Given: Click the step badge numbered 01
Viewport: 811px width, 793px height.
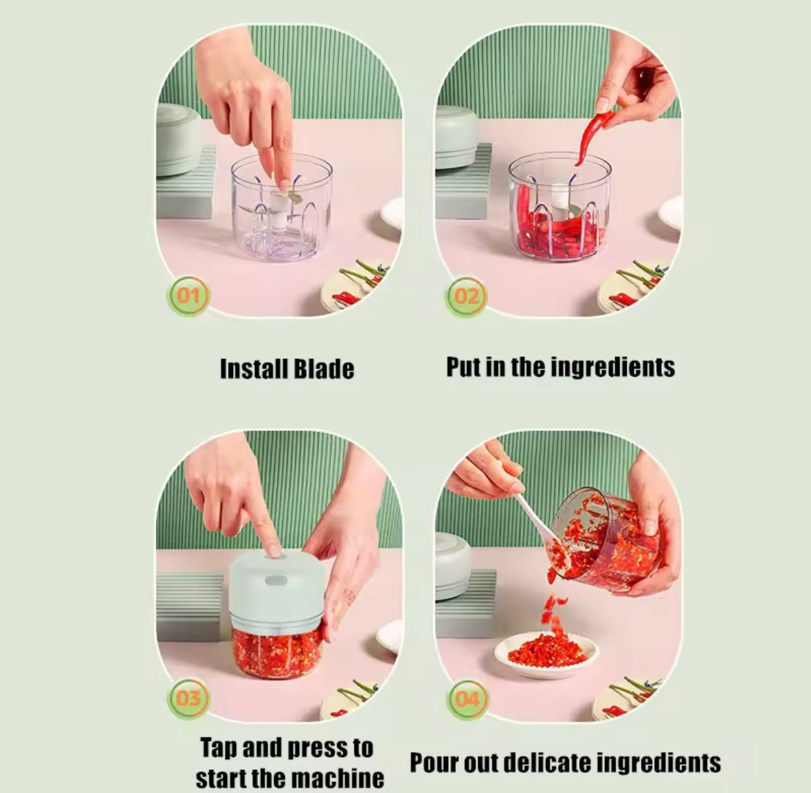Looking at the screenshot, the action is click(188, 296).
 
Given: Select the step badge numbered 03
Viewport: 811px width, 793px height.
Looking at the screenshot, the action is click(188, 699).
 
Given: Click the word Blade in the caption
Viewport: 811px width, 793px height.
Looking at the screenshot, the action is click(324, 369).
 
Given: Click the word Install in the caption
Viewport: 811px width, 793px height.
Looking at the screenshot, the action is click(254, 369).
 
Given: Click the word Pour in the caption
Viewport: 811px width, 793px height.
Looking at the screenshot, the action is click(434, 763).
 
